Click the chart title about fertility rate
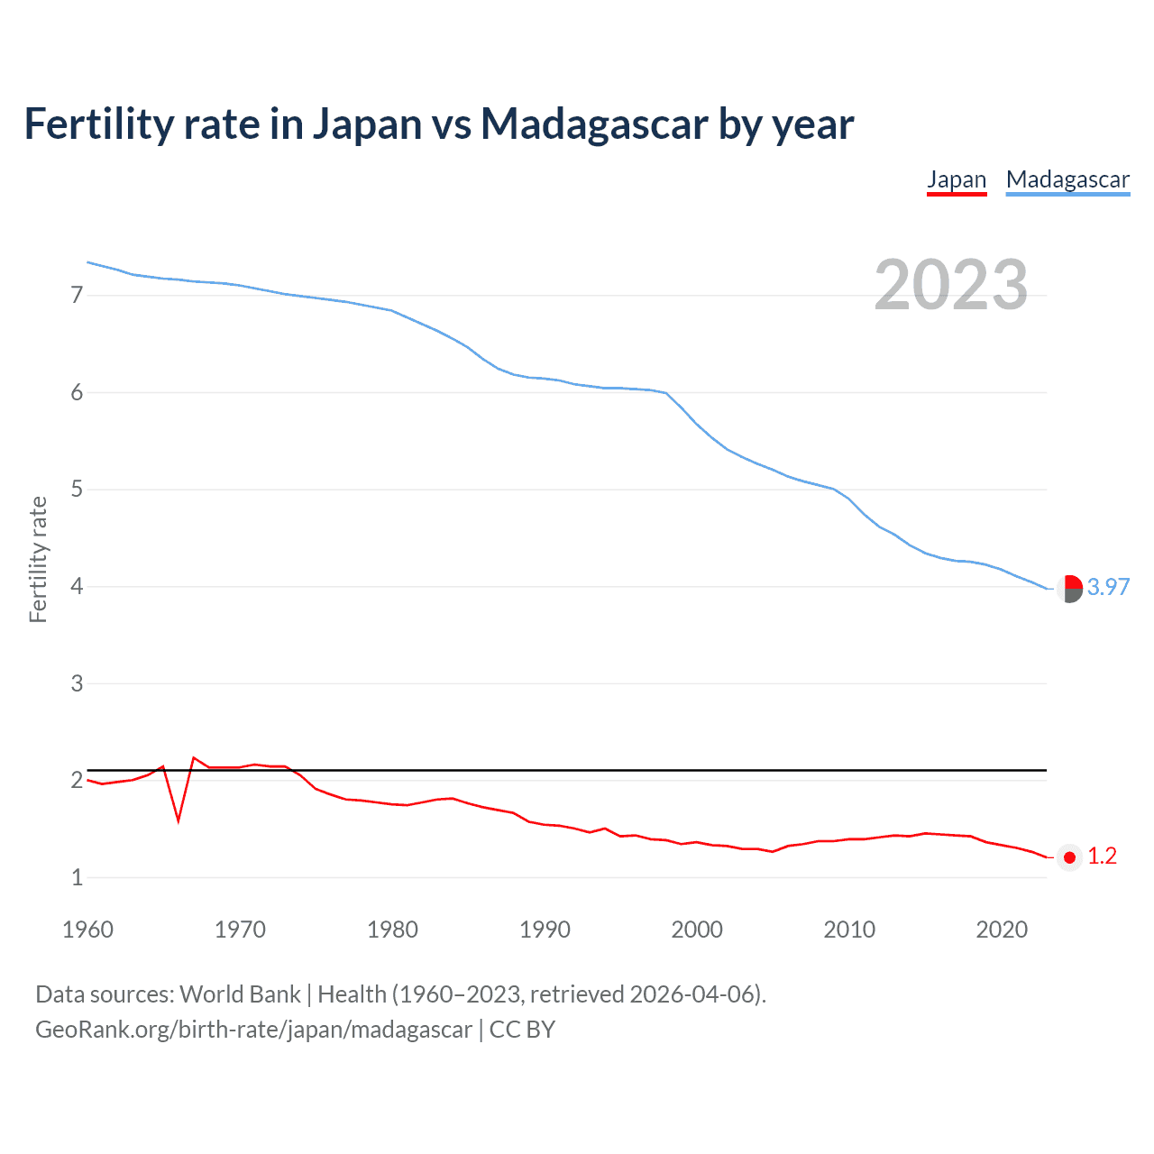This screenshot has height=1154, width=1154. coord(438,124)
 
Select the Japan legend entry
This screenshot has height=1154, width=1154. coord(957,179)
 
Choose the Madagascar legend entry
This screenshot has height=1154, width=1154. coord(1067,179)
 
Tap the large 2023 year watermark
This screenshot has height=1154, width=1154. coord(951,285)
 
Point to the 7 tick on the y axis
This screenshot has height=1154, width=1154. coord(77,296)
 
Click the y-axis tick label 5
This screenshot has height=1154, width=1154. coord(77,490)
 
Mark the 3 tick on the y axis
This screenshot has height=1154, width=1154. coord(77,683)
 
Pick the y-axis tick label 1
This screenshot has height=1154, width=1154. coord(77,877)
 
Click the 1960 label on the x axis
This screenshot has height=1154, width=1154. coord(87,930)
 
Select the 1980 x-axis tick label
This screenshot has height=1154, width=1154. coord(392,930)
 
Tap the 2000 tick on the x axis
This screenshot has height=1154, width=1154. coord(697,930)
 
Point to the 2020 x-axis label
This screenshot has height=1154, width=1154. coord(1002,930)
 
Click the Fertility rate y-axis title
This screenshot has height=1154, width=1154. coord(38,559)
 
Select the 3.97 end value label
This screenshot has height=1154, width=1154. coord(1108,587)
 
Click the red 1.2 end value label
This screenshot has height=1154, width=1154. coord(1102,856)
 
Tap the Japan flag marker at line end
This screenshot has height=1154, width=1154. coord(1069,857)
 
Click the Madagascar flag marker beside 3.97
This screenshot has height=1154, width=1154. coord(1069,588)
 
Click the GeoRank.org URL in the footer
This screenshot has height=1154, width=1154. coord(253,1030)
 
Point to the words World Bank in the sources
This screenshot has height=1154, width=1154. coord(240,994)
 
